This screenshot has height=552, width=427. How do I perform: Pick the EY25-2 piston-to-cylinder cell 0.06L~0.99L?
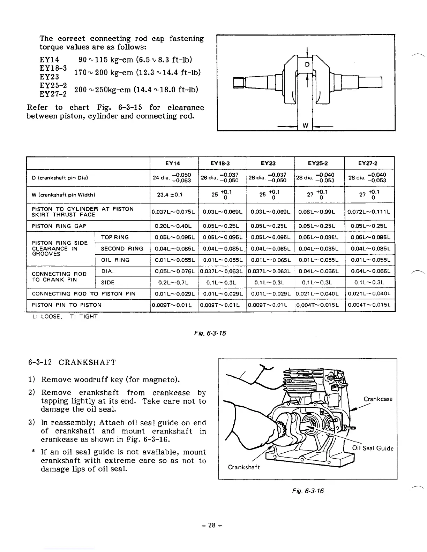click(x=319, y=212)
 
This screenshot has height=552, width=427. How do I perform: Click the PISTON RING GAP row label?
click(x=59, y=226)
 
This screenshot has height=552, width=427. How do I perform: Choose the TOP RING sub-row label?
click(x=115, y=237)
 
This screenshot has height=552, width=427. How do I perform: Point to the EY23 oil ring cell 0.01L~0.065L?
click(x=271, y=260)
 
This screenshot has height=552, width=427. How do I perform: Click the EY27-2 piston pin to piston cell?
click(x=370, y=305)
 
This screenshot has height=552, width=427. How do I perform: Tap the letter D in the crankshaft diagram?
click(x=307, y=65)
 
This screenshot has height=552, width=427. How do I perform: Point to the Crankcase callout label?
click(x=378, y=399)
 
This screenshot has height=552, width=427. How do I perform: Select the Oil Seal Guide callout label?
click(x=373, y=448)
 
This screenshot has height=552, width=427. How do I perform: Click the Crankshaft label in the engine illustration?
click(x=244, y=467)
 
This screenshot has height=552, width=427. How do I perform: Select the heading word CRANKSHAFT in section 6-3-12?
click(x=87, y=362)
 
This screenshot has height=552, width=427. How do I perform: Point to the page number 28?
click(x=212, y=525)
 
